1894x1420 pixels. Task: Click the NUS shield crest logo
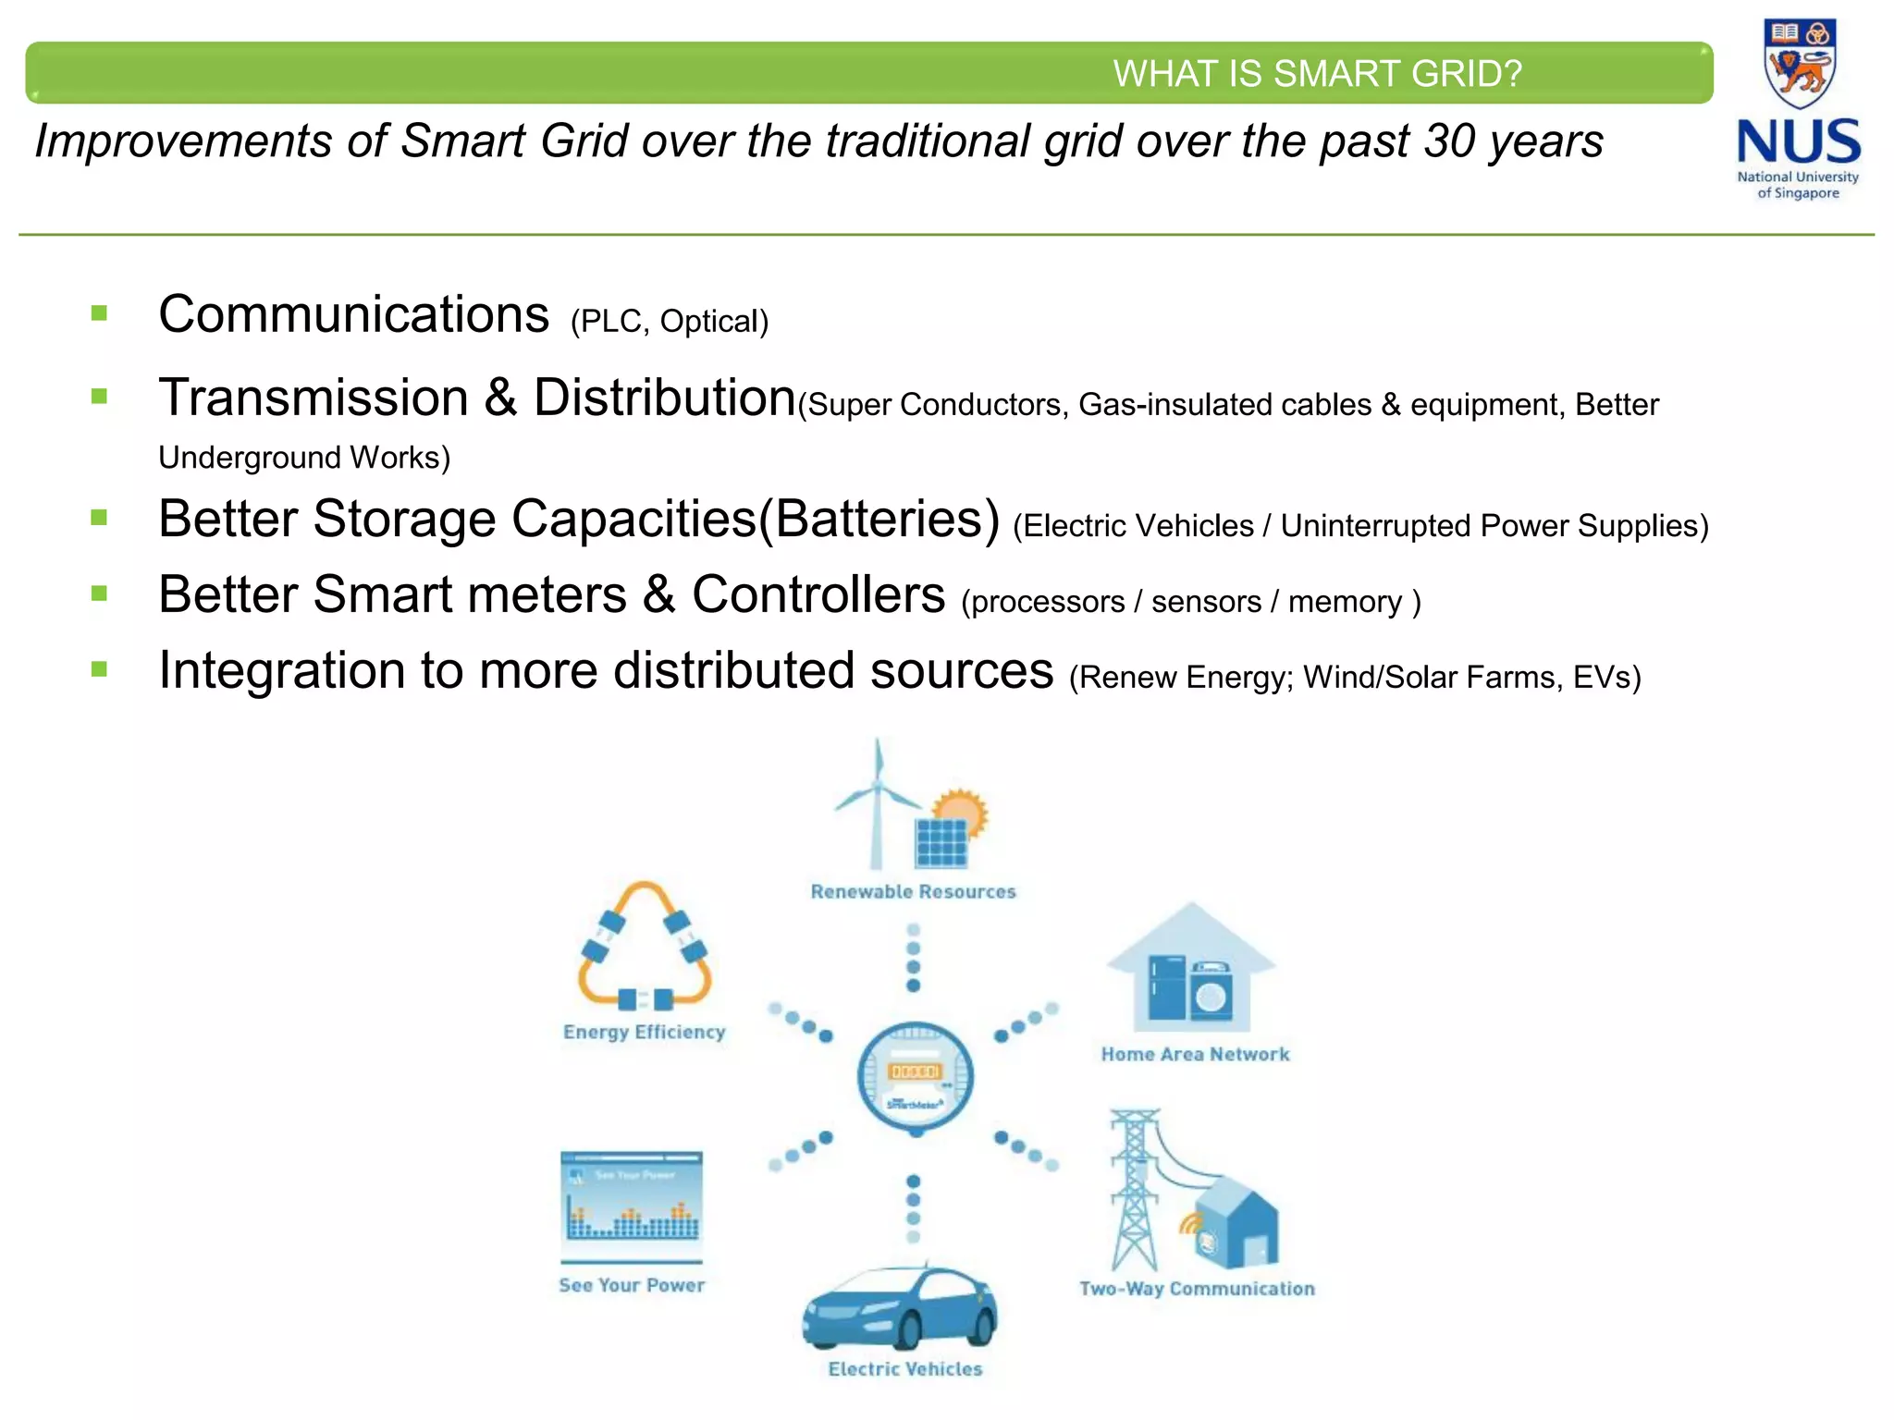(1799, 63)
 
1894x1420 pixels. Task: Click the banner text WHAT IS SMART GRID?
(1316, 74)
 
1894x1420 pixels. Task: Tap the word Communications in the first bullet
(354, 314)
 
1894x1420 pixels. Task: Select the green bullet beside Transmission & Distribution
(100, 397)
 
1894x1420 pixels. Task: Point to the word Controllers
(818, 594)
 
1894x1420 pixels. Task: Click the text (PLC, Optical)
(670, 322)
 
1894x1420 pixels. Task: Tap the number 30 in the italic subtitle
(1449, 141)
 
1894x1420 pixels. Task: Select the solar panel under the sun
(941, 842)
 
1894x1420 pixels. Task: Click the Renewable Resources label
(913, 891)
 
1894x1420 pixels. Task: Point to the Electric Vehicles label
(904, 1369)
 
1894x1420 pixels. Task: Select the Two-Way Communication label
(1197, 1289)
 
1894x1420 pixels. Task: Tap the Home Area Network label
(1195, 1054)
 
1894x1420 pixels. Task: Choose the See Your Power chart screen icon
(632, 1199)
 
